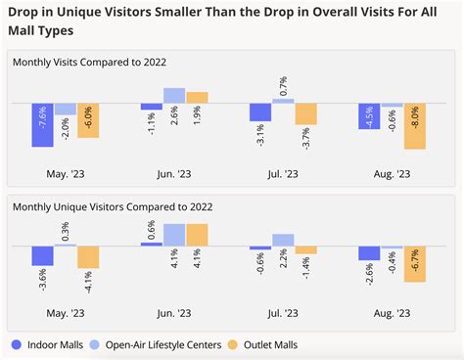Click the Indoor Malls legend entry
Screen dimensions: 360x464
[53, 344]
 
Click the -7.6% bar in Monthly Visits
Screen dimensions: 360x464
[42, 124]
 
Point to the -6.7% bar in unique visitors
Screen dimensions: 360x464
[415, 264]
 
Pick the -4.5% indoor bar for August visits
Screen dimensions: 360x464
[369, 116]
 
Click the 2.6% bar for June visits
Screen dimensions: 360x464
[174, 95]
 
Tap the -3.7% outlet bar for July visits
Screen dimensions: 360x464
[306, 113]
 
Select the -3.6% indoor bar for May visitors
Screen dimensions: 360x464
[42, 256]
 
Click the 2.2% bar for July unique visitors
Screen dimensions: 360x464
[284, 240]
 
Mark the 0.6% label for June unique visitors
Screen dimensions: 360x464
[152, 230]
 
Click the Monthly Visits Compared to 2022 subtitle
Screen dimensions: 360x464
[89, 62]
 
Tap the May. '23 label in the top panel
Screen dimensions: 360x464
[65, 174]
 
